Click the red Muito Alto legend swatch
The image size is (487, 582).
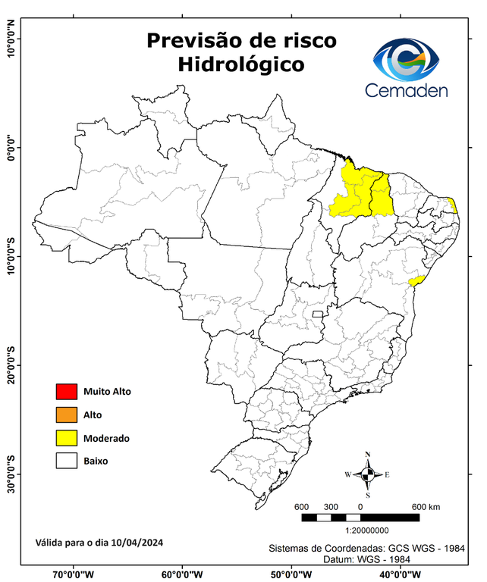click(67, 392)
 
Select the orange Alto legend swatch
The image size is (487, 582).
click(67, 415)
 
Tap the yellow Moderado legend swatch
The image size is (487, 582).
click(67, 437)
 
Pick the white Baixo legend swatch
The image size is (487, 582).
click(67, 460)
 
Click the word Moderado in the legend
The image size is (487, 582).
click(107, 438)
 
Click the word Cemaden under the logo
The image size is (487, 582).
click(407, 91)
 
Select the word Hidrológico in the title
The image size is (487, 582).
click(241, 65)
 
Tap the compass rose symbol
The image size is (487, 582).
click(367, 474)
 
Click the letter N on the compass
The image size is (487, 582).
click(368, 455)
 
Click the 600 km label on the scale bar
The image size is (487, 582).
click(426, 506)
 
